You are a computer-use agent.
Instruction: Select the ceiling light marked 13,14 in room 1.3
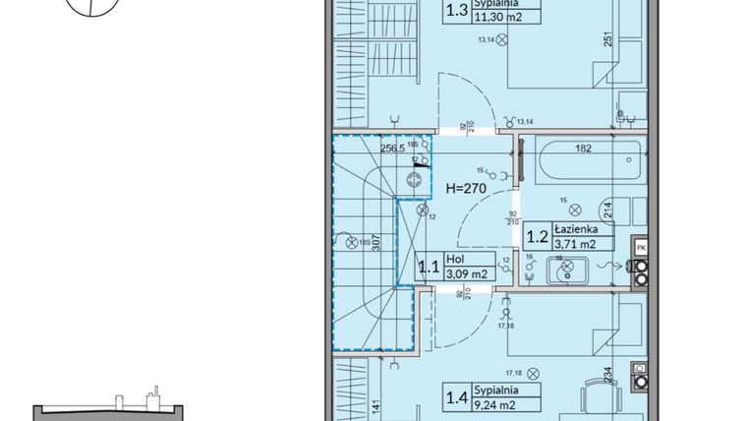[503, 40]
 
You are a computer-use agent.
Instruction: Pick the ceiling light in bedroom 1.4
[533, 373]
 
